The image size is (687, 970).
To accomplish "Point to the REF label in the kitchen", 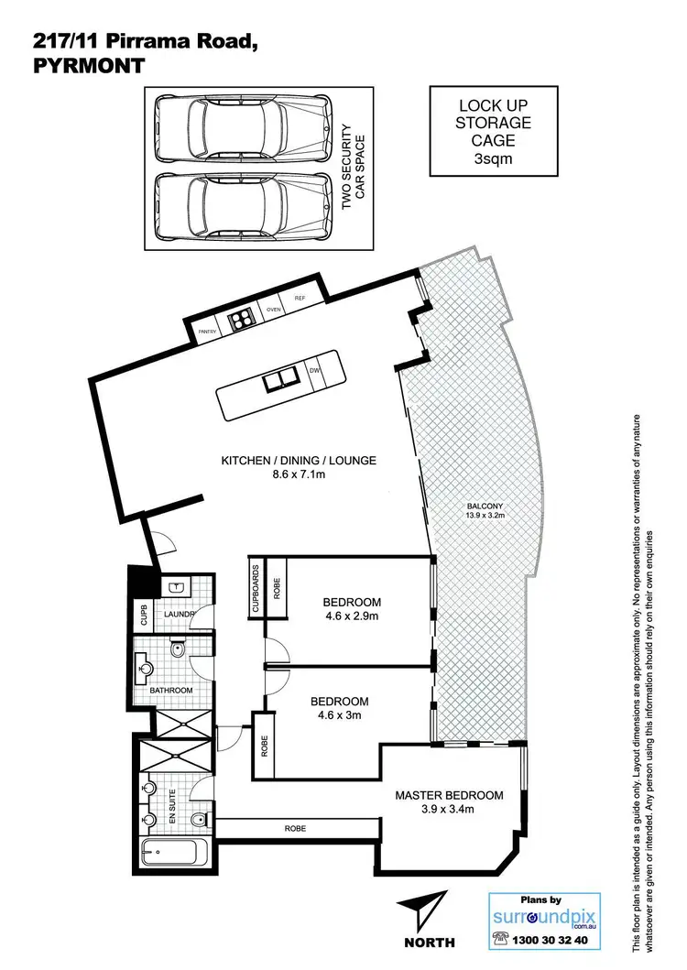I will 300,299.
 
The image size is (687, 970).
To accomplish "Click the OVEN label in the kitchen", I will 272,310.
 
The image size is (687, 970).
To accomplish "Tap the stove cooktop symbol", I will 241,320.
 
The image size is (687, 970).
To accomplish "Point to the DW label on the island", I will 314,370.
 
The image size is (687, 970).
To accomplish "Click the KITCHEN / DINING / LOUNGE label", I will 298,460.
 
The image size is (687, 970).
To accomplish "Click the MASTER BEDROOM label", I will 449,795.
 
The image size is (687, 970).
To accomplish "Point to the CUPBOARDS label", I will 256,588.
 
